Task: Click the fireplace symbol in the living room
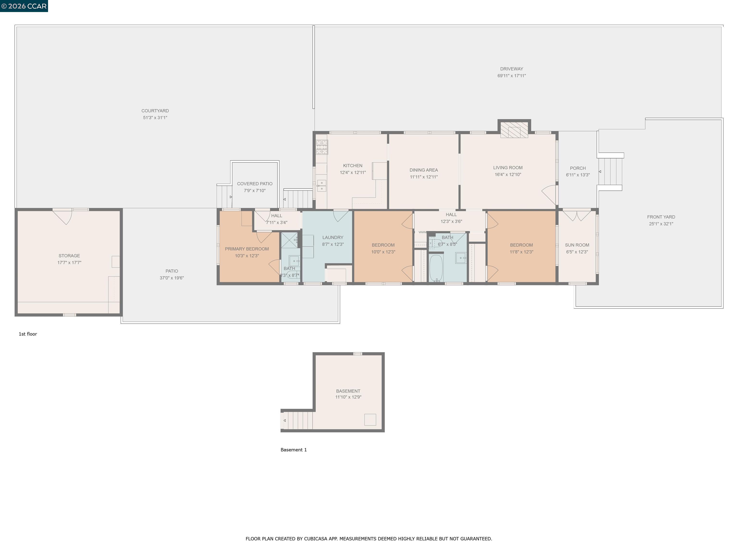coord(514,130)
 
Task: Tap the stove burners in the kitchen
coord(322,147)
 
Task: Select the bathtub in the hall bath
coord(436,268)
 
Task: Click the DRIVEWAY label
coord(511,69)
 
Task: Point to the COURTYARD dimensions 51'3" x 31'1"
coord(155,118)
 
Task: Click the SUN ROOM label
coord(577,245)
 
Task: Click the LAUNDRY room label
coord(333,237)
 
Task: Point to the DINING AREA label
coord(424,170)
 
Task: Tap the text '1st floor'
coord(28,334)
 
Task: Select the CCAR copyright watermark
coord(24,6)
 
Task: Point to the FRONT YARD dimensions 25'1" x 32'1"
coord(661,224)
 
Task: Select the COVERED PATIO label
coord(255,184)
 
